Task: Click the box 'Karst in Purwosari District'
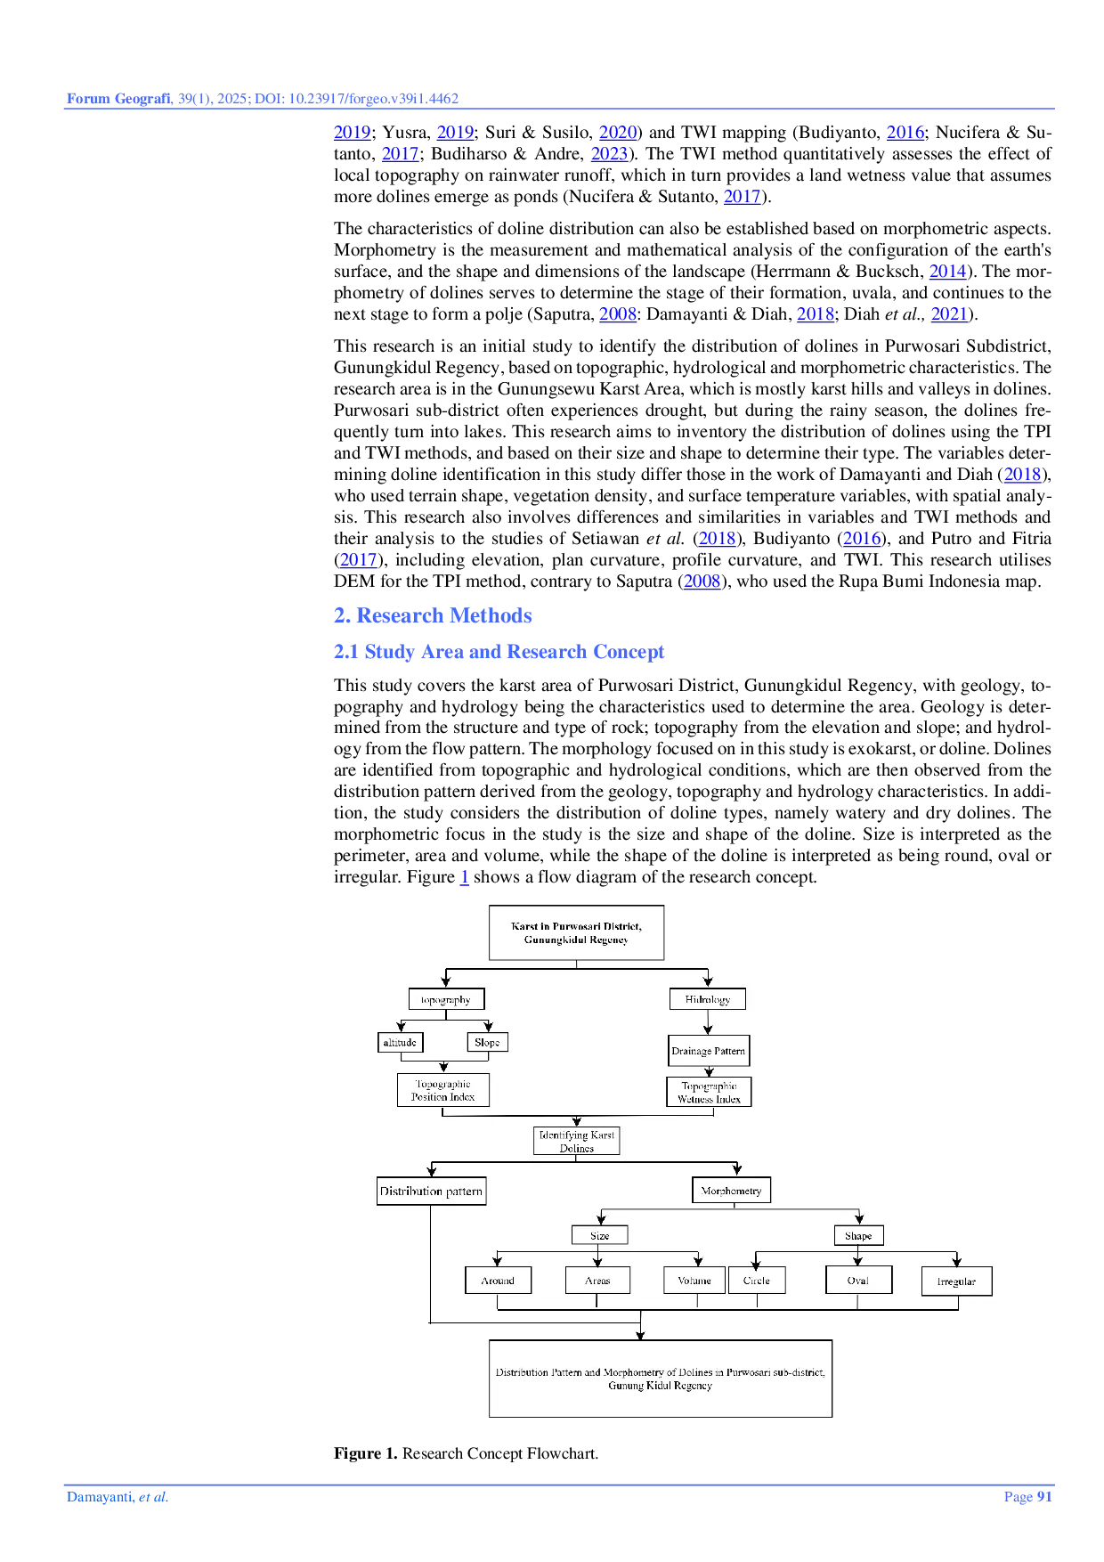576,932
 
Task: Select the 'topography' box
446,999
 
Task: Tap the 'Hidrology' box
707,999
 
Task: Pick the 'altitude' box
400,1042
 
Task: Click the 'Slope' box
487,1042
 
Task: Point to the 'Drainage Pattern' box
708,1051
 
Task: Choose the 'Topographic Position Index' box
442,1090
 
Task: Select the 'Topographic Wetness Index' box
709,1092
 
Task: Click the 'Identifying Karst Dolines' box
576,1141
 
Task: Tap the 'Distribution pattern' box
431,1191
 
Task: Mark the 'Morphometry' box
731,1190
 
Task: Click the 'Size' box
599,1235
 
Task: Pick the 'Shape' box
858,1235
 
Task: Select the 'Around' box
498,1281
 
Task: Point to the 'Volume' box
694,1281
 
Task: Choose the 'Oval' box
857,1281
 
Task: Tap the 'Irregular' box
956,1281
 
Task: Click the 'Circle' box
757,1281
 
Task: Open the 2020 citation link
618,133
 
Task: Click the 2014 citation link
946,273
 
